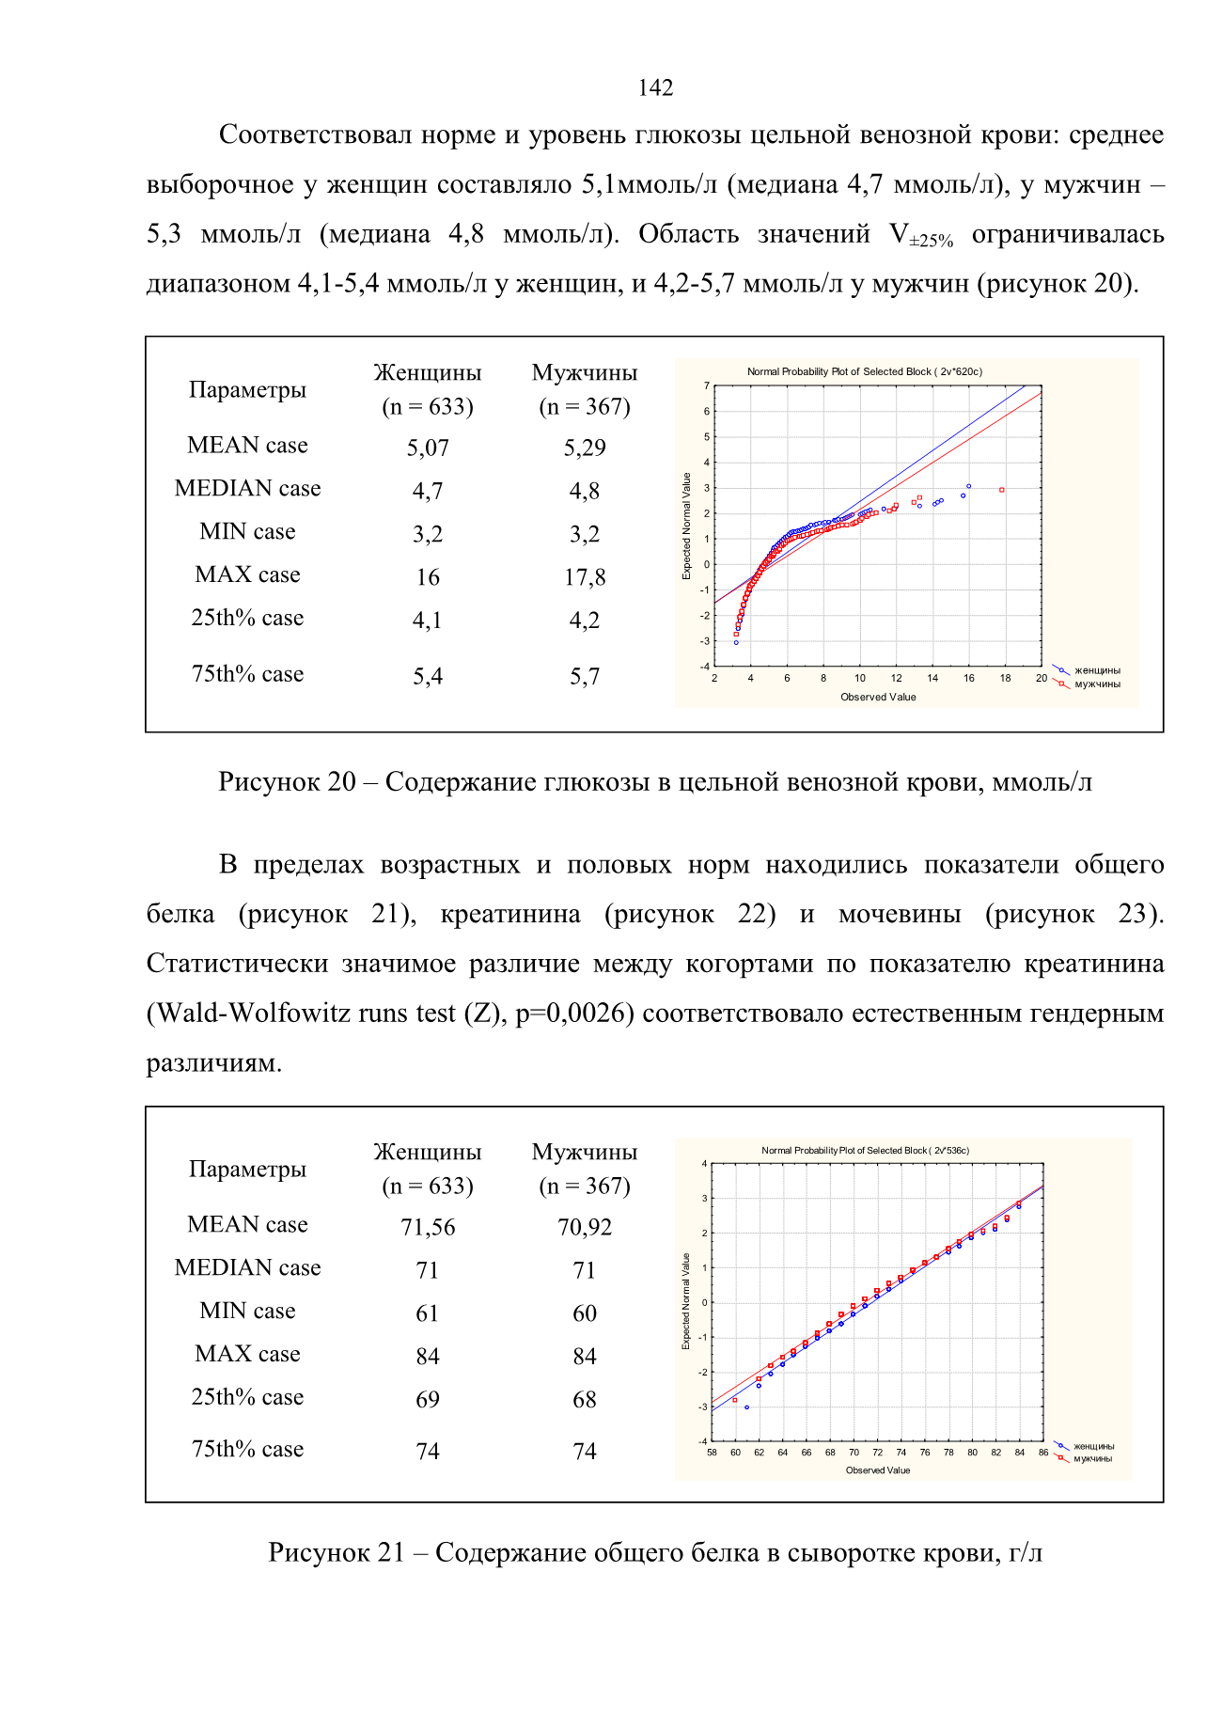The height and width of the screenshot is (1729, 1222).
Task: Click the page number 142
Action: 655,87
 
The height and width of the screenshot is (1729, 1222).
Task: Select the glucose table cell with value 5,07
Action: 428,448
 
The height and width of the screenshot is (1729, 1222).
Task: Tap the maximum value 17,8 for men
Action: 585,577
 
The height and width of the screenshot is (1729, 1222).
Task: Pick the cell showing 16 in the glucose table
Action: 428,577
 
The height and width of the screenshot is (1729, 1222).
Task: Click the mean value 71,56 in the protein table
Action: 428,1227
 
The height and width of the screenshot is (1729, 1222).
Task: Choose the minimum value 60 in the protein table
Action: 585,1313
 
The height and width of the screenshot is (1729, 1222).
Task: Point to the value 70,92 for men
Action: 585,1227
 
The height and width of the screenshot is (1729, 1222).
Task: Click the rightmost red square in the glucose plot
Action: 1002,490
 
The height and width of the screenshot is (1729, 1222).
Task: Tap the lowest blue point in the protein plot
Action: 746,1407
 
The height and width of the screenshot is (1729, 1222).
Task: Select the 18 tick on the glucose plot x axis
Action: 1005,678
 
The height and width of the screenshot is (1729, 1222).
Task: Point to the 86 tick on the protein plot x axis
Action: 1043,1453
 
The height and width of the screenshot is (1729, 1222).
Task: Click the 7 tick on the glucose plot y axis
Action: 707,385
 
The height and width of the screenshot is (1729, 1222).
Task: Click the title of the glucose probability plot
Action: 865,371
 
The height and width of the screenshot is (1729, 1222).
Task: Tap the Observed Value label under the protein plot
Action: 878,1470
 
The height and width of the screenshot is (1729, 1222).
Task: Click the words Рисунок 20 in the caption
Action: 287,781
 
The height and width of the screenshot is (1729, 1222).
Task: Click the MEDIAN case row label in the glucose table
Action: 248,488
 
